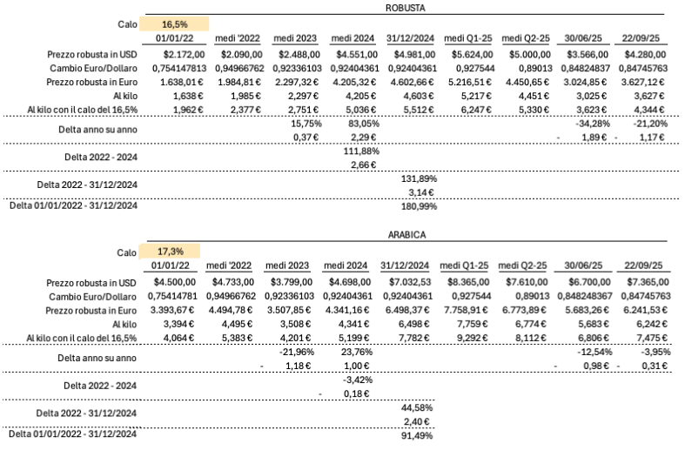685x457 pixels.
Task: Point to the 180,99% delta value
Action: point(413,206)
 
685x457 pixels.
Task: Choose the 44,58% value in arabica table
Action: point(415,407)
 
